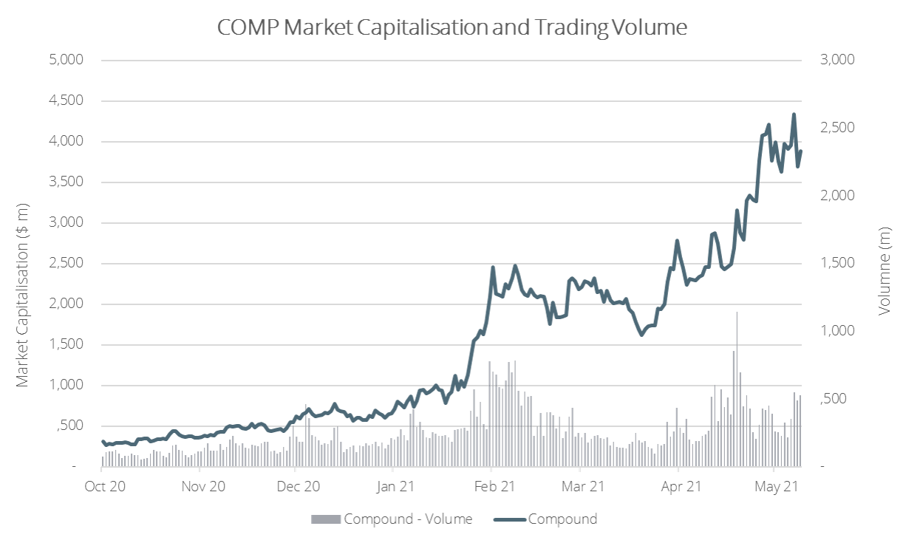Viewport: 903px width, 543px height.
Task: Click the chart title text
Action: click(x=452, y=27)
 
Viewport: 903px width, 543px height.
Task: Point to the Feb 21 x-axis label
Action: click(x=494, y=486)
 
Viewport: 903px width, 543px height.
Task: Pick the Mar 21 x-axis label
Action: click(x=584, y=486)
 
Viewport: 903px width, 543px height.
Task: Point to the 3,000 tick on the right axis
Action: click(x=837, y=60)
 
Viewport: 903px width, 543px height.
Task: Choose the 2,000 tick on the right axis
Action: click(x=837, y=195)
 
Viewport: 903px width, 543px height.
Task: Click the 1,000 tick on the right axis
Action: click(x=837, y=331)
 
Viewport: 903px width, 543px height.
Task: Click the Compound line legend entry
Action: click(x=562, y=519)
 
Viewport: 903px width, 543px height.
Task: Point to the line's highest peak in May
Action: click(x=794, y=115)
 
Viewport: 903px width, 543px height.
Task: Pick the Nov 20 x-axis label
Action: click(x=202, y=486)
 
